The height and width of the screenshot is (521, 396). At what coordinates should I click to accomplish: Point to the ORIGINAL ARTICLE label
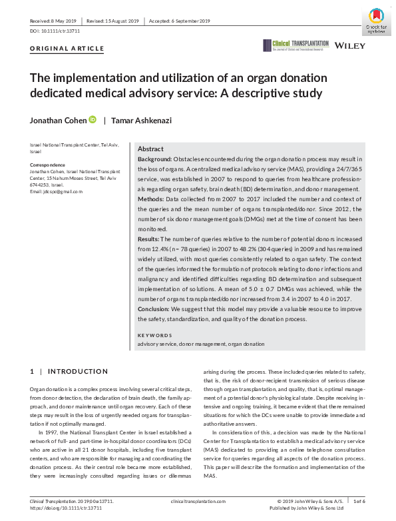(67, 49)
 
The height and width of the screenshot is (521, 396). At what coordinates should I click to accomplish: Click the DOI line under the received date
(55, 31)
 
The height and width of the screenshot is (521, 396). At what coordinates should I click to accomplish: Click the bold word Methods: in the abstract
(151, 199)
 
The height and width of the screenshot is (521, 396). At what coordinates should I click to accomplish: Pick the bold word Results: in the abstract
(149, 238)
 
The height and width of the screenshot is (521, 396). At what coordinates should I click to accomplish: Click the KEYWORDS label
(154, 335)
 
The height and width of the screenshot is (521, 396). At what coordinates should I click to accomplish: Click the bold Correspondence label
(48, 165)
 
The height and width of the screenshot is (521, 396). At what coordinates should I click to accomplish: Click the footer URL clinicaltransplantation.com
(198, 500)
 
